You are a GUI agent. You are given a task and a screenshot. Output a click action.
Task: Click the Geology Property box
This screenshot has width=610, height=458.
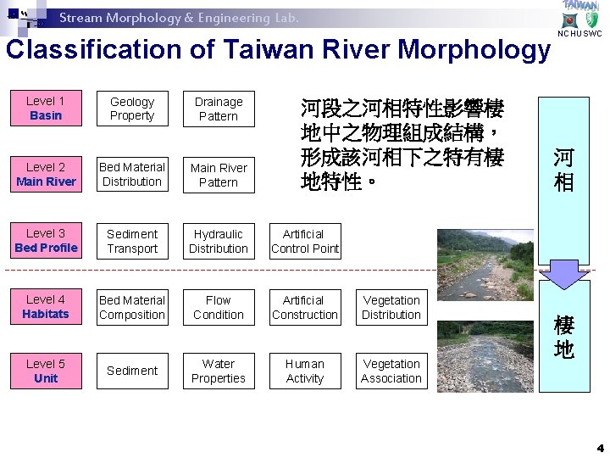[x=132, y=109]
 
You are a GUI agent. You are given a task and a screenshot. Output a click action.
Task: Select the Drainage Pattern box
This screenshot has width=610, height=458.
[x=219, y=109]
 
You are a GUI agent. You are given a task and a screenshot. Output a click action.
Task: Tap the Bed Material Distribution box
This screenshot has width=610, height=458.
[x=132, y=175]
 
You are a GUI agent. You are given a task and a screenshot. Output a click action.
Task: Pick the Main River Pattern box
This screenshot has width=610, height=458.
[x=219, y=175]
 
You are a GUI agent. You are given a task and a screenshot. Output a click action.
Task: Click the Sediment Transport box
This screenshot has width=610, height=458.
[x=132, y=241]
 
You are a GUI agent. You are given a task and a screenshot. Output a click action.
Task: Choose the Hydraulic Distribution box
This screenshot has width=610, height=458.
[x=219, y=241]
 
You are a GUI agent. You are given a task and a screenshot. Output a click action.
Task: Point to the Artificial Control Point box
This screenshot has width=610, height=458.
[x=305, y=241]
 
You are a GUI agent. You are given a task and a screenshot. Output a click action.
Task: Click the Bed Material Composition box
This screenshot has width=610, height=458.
[x=132, y=307]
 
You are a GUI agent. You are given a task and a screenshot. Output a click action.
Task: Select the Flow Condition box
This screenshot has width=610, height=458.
[x=219, y=307]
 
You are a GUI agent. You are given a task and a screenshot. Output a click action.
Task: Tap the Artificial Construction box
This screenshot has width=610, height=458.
[x=305, y=307]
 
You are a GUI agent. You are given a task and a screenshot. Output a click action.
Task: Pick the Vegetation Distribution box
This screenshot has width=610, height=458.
[x=391, y=307]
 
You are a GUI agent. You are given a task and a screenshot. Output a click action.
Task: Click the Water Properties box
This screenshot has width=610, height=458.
[x=219, y=371]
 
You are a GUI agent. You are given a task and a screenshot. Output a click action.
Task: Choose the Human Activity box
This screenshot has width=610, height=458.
[x=305, y=371]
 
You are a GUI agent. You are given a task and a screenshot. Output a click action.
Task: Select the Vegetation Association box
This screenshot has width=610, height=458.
[x=391, y=371]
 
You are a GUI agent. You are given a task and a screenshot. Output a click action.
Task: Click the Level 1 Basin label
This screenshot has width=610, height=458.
[x=46, y=108]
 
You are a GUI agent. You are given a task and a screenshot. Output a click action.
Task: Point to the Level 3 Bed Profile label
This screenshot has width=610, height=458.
[x=46, y=240]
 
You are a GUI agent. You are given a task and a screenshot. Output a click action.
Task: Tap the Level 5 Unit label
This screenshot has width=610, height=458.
[x=46, y=371]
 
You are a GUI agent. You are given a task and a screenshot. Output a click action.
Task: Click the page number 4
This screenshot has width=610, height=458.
[x=600, y=447]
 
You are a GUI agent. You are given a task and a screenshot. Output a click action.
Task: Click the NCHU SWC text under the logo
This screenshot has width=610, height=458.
[x=580, y=34]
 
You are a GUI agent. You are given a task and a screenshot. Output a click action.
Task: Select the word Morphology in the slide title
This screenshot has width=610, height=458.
[x=474, y=50]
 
